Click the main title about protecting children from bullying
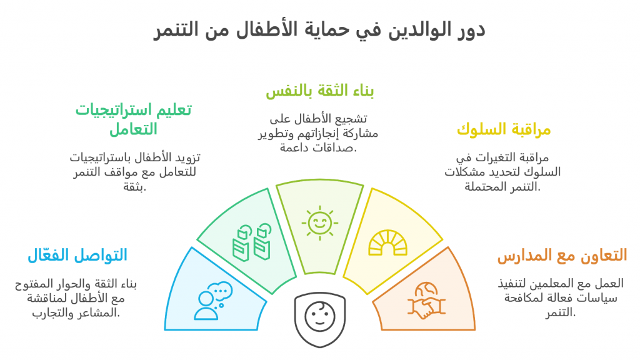coord(319,29)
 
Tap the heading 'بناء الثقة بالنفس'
coord(319,91)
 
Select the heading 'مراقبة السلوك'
coord(504,129)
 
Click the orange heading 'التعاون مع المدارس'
coord(562,256)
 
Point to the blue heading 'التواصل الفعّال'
coord(77,255)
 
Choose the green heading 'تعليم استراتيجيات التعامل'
coord(134,119)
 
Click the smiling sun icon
coord(320,223)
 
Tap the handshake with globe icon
coord(426,301)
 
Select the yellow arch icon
coord(387,243)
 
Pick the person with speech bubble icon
coord(213,301)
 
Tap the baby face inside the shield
coord(320,316)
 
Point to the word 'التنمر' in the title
coord(176,30)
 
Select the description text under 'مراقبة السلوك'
coord(502,172)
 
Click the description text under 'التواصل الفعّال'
coord(76,298)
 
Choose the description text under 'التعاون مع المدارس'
coord(561,298)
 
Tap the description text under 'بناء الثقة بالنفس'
coord(318,133)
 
